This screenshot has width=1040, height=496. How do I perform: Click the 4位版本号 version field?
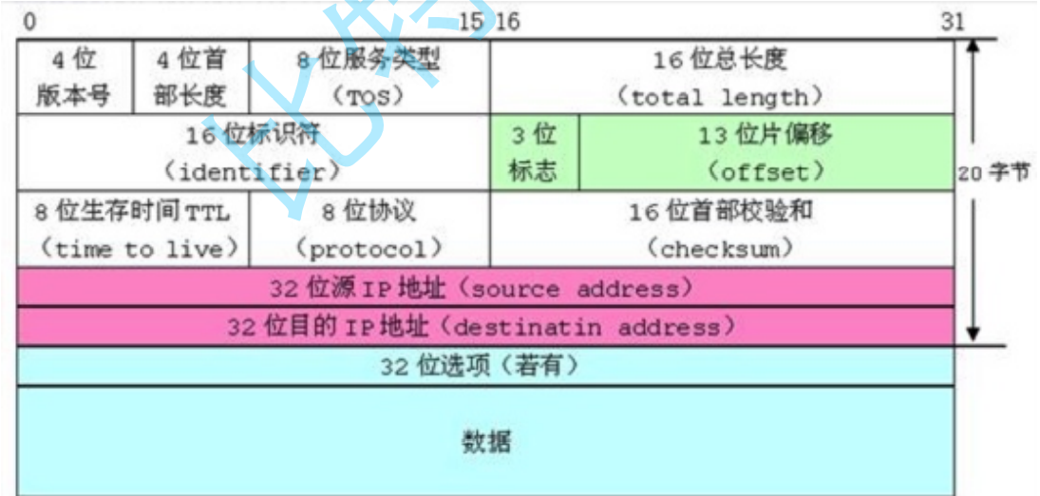(x=74, y=76)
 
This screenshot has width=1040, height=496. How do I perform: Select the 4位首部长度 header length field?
(x=190, y=76)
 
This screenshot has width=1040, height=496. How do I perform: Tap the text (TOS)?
(x=369, y=95)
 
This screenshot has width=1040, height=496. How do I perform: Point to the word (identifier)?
(x=253, y=172)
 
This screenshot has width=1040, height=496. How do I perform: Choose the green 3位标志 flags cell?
(x=534, y=152)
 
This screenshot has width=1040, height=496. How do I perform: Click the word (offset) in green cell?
(x=766, y=172)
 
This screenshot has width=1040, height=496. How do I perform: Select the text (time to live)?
(x=133, y=249)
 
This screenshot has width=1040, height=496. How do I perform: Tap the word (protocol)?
(x=369, y=249)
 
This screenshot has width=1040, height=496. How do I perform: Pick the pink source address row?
(x=484, y=287)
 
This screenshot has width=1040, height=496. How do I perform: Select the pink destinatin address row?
(x=484, y=327)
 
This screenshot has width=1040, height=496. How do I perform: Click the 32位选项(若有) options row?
(x=484, y=366)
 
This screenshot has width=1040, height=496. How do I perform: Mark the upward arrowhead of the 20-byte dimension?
(x=973, y=46)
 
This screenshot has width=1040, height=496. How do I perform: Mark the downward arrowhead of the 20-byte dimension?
(x=973, y=334)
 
